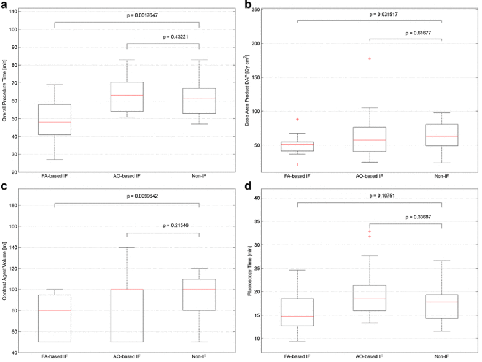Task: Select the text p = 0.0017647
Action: click(x=126, y=15)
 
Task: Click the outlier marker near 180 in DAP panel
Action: click(x=370, y=58)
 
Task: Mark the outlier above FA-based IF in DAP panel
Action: click(x=297, y=119)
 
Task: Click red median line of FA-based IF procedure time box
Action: click(x=54, y=122)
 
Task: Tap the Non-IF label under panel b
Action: click(x=441, y=175)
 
